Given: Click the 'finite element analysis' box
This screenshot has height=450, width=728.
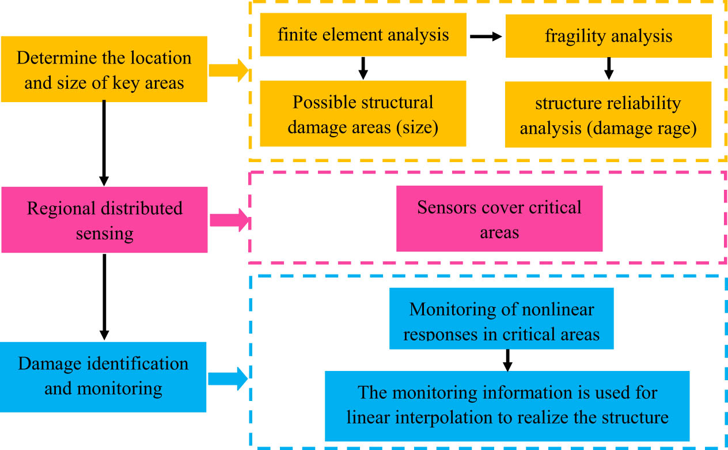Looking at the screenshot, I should (x=363, y=36).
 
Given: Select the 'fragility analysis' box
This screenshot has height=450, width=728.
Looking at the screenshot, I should (x=608, y=37).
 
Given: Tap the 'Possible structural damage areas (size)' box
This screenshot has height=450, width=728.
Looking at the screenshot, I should (x=363, y=114).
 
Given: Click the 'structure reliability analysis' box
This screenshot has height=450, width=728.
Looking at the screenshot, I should (x=608, y=115).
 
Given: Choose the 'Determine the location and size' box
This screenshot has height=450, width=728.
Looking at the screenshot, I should (x=104, y=70).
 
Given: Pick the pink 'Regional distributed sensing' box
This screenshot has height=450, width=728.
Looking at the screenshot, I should (x=104, y=220).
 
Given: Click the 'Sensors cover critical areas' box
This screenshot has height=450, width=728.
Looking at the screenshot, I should (x=499, y=219).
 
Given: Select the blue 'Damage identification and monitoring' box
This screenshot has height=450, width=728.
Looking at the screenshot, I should (x=104, y=376).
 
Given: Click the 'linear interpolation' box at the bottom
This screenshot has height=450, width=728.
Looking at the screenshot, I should (x=507, y=406).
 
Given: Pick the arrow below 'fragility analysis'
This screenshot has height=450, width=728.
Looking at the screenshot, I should (x=609, y=69).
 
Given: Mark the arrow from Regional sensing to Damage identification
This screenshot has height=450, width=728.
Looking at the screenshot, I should (x=104, y=295).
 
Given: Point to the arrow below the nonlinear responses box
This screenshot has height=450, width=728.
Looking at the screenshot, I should (x=507, y=359).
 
